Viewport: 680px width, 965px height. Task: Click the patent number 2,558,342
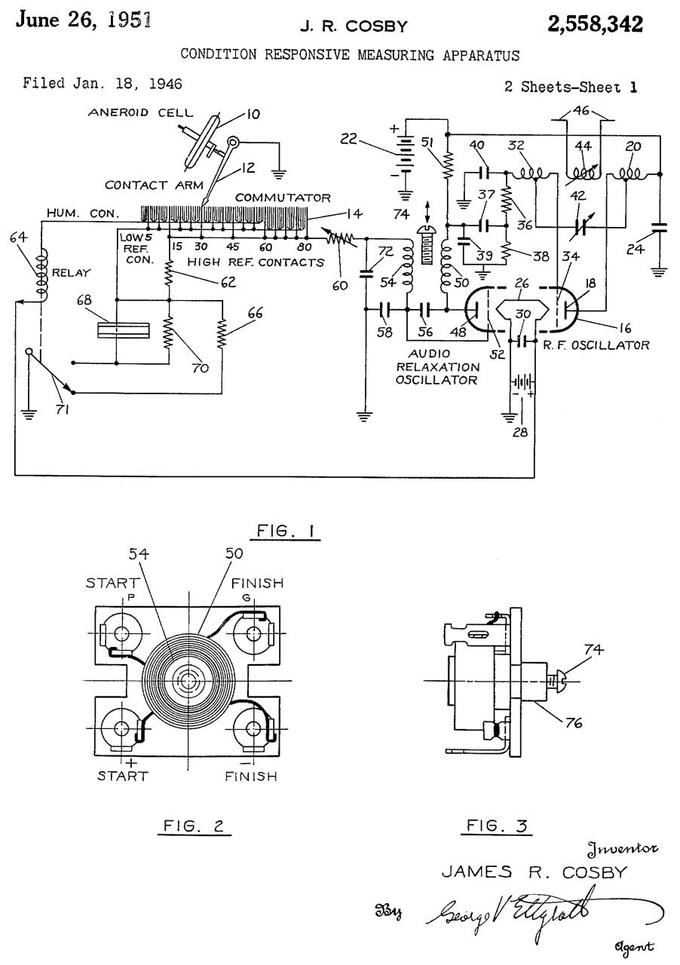click(x=595, y=24)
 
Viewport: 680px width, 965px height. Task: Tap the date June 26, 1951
click(x=83, y=20)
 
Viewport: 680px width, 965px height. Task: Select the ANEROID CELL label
click(x=141, y=113)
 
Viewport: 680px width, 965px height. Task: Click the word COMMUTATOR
click(x=283, y=198)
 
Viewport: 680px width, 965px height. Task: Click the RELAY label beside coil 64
click(x=71, y=273)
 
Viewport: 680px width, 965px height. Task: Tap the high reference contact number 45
click(x=233, y=247)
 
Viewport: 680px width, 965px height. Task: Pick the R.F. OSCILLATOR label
click(x=596, y=345)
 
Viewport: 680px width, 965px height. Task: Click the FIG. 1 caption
click(x=285, y=530)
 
